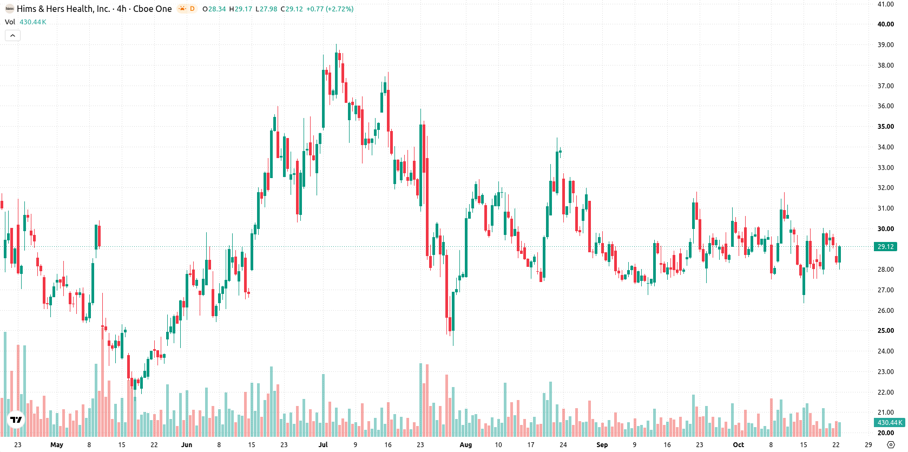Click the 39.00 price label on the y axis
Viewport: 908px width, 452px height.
pos(885,44)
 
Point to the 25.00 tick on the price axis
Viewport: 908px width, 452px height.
pos(885,331)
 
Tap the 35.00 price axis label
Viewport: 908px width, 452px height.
pos(885,127)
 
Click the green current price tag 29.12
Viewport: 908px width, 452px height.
pos(886,246)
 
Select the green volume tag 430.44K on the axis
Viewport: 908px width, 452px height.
pos(890,422)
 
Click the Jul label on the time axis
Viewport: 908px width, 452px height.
pos(323,445)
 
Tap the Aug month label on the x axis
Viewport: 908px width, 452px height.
pos(466,445)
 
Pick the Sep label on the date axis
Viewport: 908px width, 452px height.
pos(602,445)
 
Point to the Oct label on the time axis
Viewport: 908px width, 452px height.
pos(738,445)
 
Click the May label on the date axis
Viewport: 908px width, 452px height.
pos(57,445)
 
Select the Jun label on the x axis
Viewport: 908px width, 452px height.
pos(187,445)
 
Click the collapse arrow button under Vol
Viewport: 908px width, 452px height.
pos(12,36)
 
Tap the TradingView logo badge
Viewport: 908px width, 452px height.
pos(16,420)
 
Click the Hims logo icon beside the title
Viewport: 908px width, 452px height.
pos(9,9)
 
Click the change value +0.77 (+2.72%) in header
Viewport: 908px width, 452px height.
pos(330,9)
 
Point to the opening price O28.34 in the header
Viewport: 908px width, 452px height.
pos(214,9)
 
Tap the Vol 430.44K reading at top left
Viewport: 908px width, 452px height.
pos(25,22)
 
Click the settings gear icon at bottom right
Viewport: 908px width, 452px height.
pos(891,445)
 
